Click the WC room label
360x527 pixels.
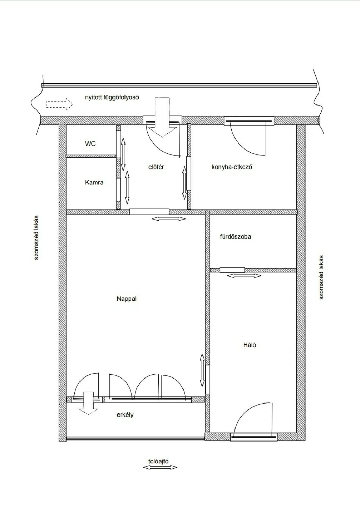90,144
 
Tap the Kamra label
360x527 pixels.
94,182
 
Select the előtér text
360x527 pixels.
156,167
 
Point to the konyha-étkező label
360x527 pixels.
232,167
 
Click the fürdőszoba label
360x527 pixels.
236,236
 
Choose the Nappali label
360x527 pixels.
127,299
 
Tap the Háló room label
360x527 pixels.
250,345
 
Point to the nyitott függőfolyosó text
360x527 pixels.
112,97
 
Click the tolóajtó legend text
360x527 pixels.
158,461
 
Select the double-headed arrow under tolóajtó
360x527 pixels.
160,468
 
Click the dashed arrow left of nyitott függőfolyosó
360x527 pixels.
59,104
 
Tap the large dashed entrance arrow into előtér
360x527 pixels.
162,117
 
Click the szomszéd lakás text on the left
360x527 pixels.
36,237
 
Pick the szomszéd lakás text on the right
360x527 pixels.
321,277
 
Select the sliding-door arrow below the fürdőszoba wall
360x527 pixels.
244,275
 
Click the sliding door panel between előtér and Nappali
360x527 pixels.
149,212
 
